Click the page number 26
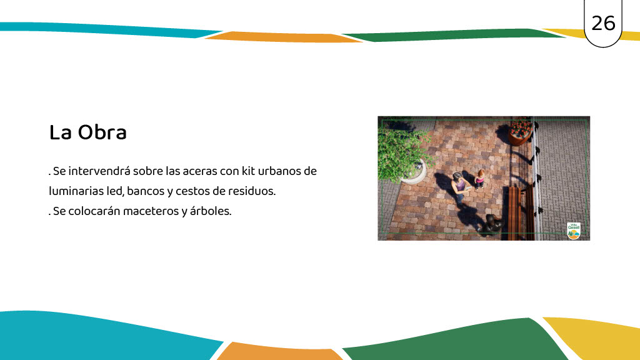(603, 23)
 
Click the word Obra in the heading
(102, 132)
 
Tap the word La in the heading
(61, 132)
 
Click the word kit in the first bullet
(248, 171)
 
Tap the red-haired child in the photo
(479, 179)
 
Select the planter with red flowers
(521, 131)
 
